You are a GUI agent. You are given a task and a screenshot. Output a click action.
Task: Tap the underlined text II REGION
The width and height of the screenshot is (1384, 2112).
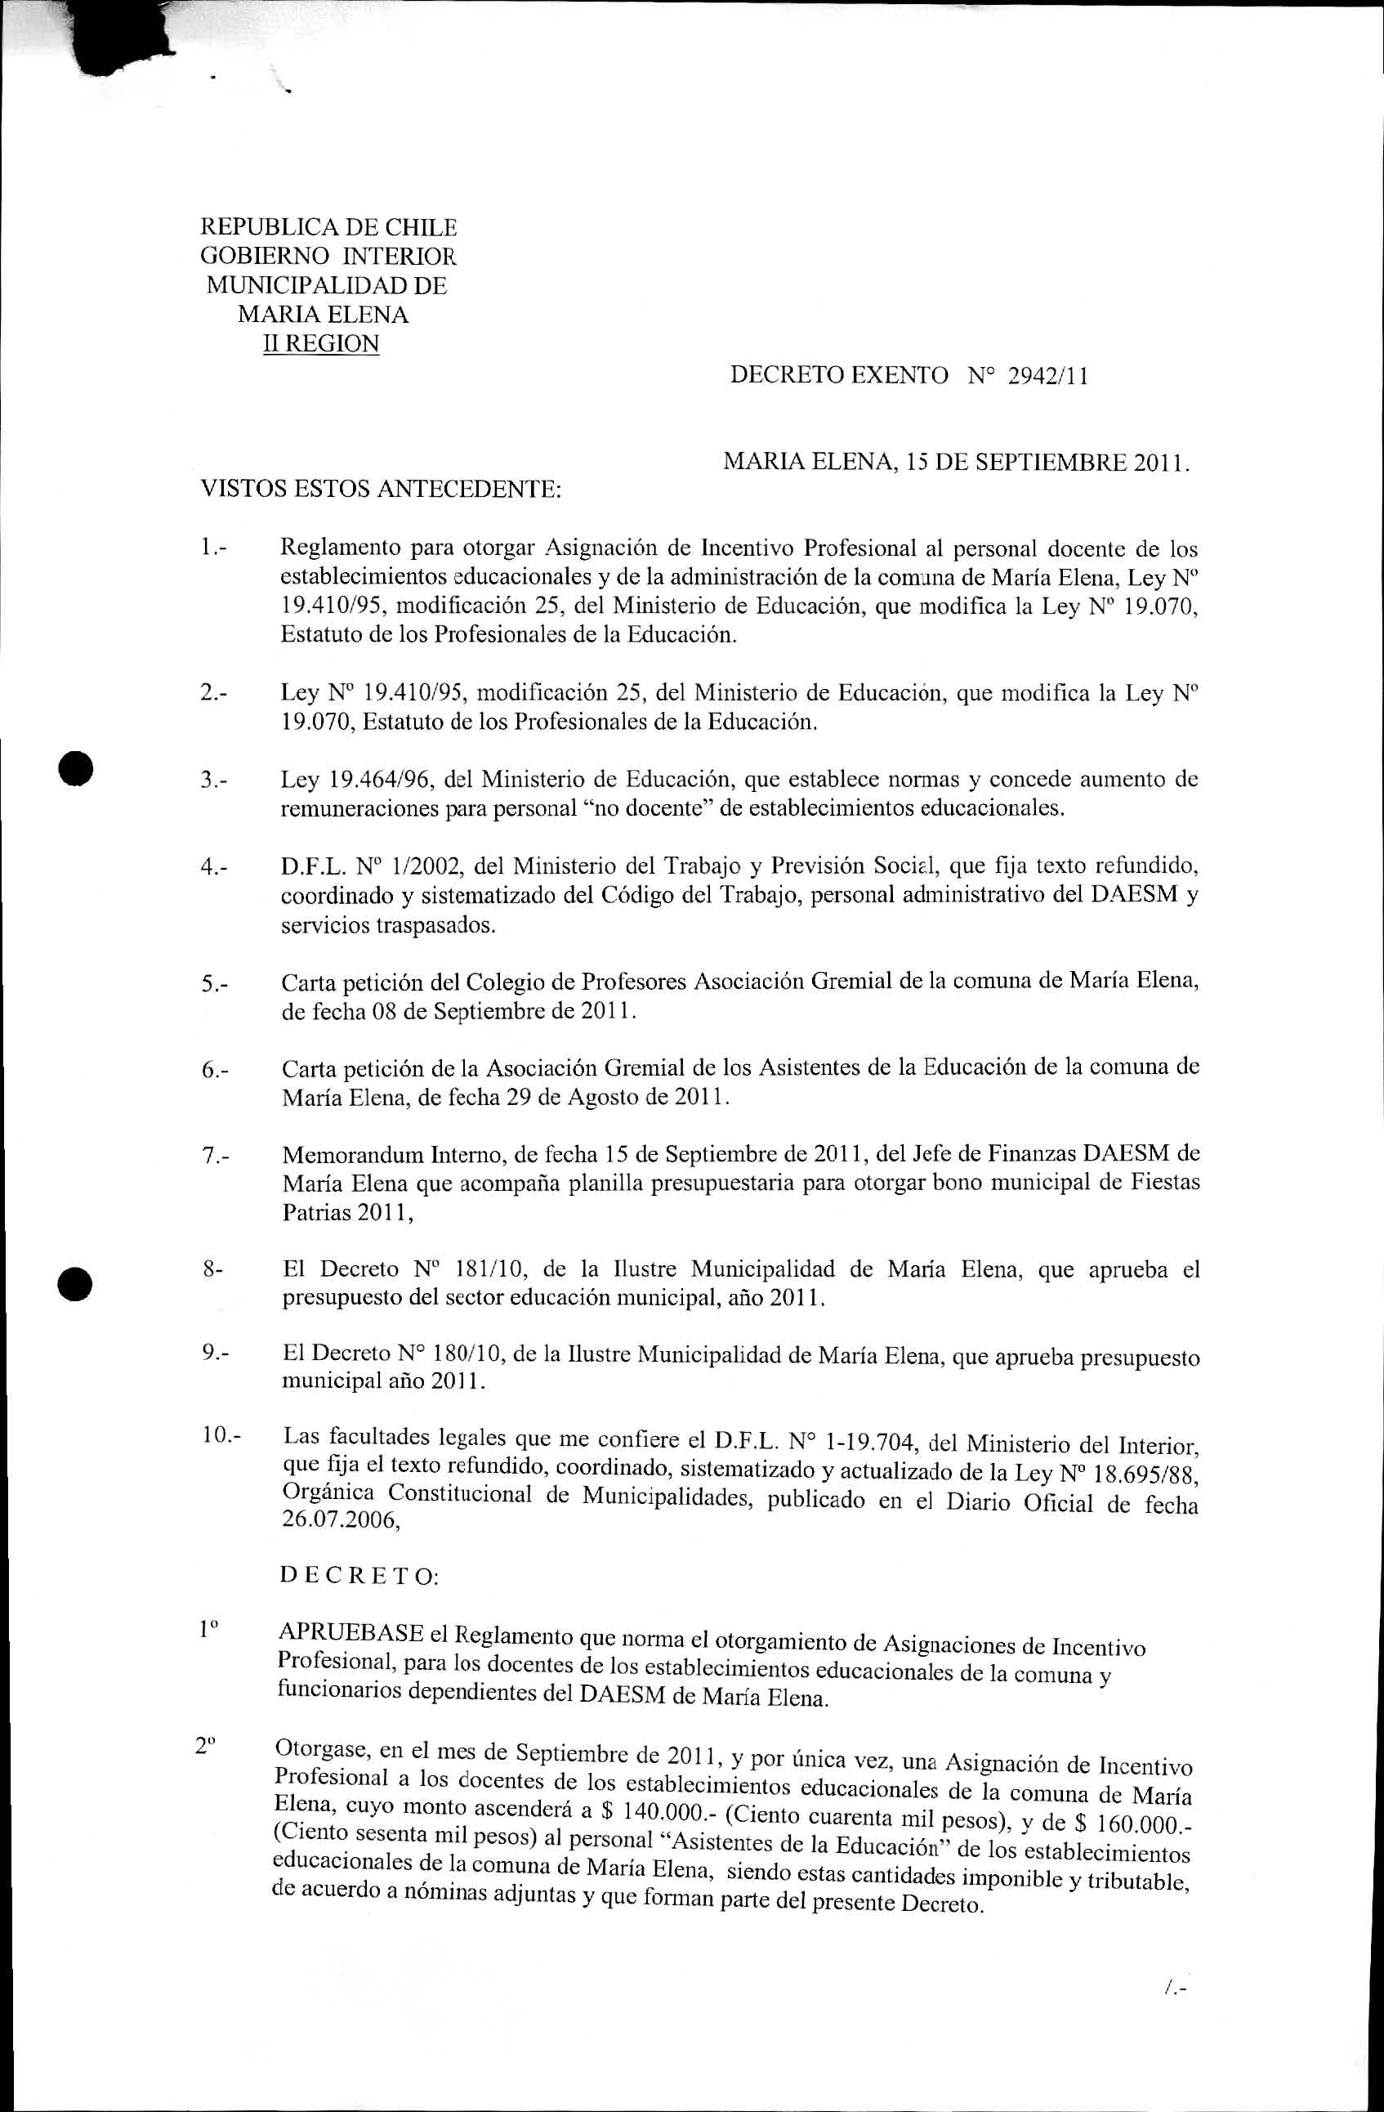pyautogui.click(x=321, y=343)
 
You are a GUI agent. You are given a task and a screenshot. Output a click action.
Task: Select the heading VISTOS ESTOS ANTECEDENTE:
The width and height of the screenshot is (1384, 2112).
pyautogui.click(x=382, y=490)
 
